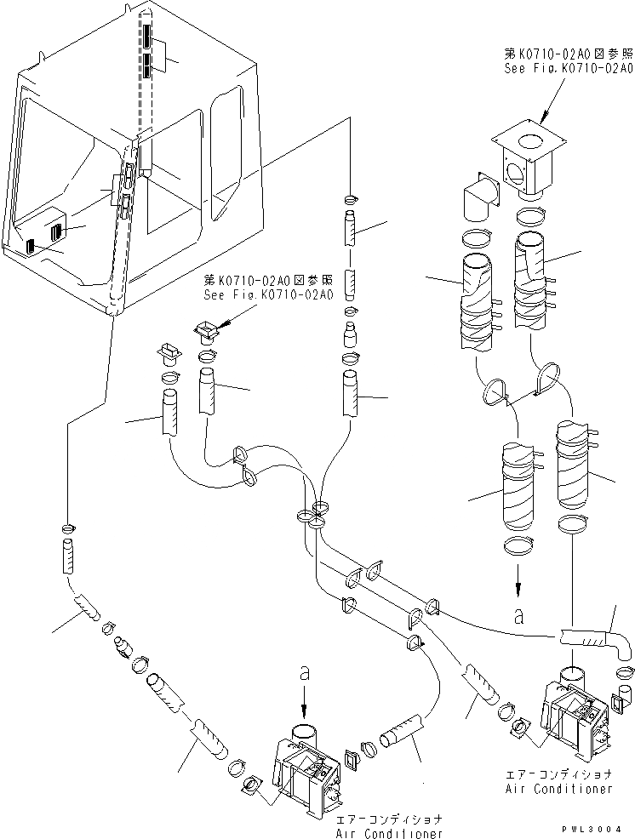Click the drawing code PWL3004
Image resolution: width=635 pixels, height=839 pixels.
592,828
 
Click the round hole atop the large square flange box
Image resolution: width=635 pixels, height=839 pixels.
529,140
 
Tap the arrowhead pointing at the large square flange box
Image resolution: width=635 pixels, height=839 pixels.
545,117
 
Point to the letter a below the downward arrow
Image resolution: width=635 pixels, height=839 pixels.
518,616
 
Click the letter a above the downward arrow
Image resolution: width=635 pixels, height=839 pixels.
304,672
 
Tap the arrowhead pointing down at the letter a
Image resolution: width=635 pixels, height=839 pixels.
518,591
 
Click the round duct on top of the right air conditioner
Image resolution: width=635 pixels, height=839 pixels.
575,676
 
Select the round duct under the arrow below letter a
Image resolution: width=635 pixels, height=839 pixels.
304,733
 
